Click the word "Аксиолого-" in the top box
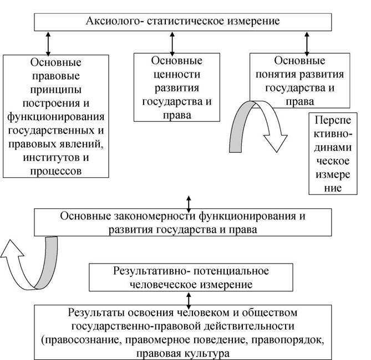tap(114, 21)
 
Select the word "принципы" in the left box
tap(56, 90)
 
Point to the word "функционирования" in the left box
tap(56, 117)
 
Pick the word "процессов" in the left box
tap(56, 171)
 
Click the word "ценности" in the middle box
tap(177, 75)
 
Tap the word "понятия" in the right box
tap(276, 75)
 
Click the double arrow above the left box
tap(48, 44)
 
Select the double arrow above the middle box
tap(172, 44)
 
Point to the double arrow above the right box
tap(307, 44)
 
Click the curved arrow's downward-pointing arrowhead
tap(276, 142)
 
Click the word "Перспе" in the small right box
tap(333, 121)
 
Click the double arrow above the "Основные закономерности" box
tap(189, 204)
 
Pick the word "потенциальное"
tap(231, 271)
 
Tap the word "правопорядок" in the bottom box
tap(287, 341)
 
